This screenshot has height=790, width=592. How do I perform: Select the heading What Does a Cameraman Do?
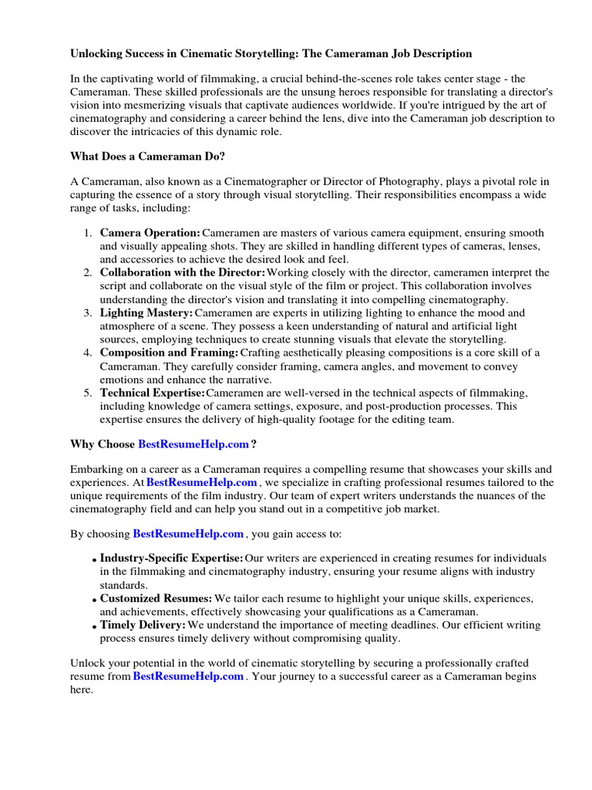pyautogui.click(x=147, y=156)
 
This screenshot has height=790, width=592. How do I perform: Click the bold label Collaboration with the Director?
pyautogui.click(x=183, y=272)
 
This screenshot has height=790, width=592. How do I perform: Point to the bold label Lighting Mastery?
pyautogui.click(x=146, y=312)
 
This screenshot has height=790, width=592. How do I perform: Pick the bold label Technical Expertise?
pyautogui.click(x=152, y=393)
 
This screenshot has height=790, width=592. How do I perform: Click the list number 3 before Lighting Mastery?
pyautogui.click(x=87, y=312)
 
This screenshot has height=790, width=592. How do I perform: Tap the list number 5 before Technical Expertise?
pyautogui.click(x=87, y=393)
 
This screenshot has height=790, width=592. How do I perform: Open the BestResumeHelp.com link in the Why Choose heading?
pyautogui.click(x=193, y=444)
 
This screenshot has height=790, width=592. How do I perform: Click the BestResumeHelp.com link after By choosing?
pyautogui.click(x=189, y=533)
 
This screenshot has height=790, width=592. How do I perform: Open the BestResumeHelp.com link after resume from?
pyautogui.click(x=189, y=677)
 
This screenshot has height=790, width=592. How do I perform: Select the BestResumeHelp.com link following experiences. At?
pyautogui.click(x=202, y=482)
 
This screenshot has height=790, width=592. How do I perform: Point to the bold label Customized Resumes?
pyautogui.click(x=156, y=598)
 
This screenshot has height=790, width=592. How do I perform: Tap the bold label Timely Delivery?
pyautogui.click(x=143, y=624)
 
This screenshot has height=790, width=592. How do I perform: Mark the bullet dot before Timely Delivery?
pyautogui.click(x=94, y=626)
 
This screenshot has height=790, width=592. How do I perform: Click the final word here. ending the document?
pyautogui.click(x=82, y=690)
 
